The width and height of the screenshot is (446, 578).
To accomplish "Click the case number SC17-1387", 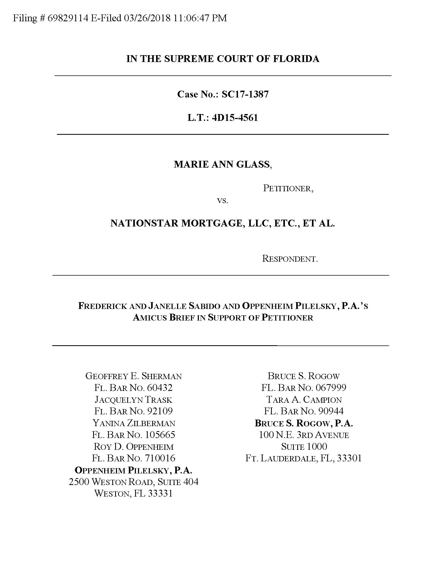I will (245, 94).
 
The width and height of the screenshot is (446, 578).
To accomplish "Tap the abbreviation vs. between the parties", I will (222, 200).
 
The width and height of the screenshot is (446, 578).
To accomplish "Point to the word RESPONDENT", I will (290, 259).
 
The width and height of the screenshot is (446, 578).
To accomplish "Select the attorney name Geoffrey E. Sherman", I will (134, 376).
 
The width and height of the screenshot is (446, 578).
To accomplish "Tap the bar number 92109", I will (160, 411).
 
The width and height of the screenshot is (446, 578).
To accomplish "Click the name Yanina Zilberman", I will (134, 423).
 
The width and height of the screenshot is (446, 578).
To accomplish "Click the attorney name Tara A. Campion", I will (304, 399).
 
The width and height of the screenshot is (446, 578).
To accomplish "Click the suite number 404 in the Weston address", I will (190, 482).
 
